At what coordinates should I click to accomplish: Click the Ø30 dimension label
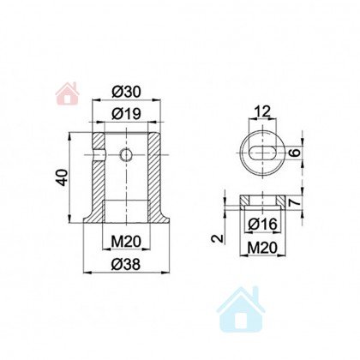tap(126, 92)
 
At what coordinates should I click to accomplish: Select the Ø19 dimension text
tap(126, 114)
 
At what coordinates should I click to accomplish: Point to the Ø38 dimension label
tap(126, 264)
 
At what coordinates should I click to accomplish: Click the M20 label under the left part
tap(126, 242)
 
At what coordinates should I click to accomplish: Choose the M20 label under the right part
tap(262, 248)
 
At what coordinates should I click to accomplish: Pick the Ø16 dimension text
tap(262, 224)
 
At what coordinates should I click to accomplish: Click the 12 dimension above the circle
tap(262, 111)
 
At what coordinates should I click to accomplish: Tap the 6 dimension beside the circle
tap(296, 152)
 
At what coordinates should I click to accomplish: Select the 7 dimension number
tap(295, 202)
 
